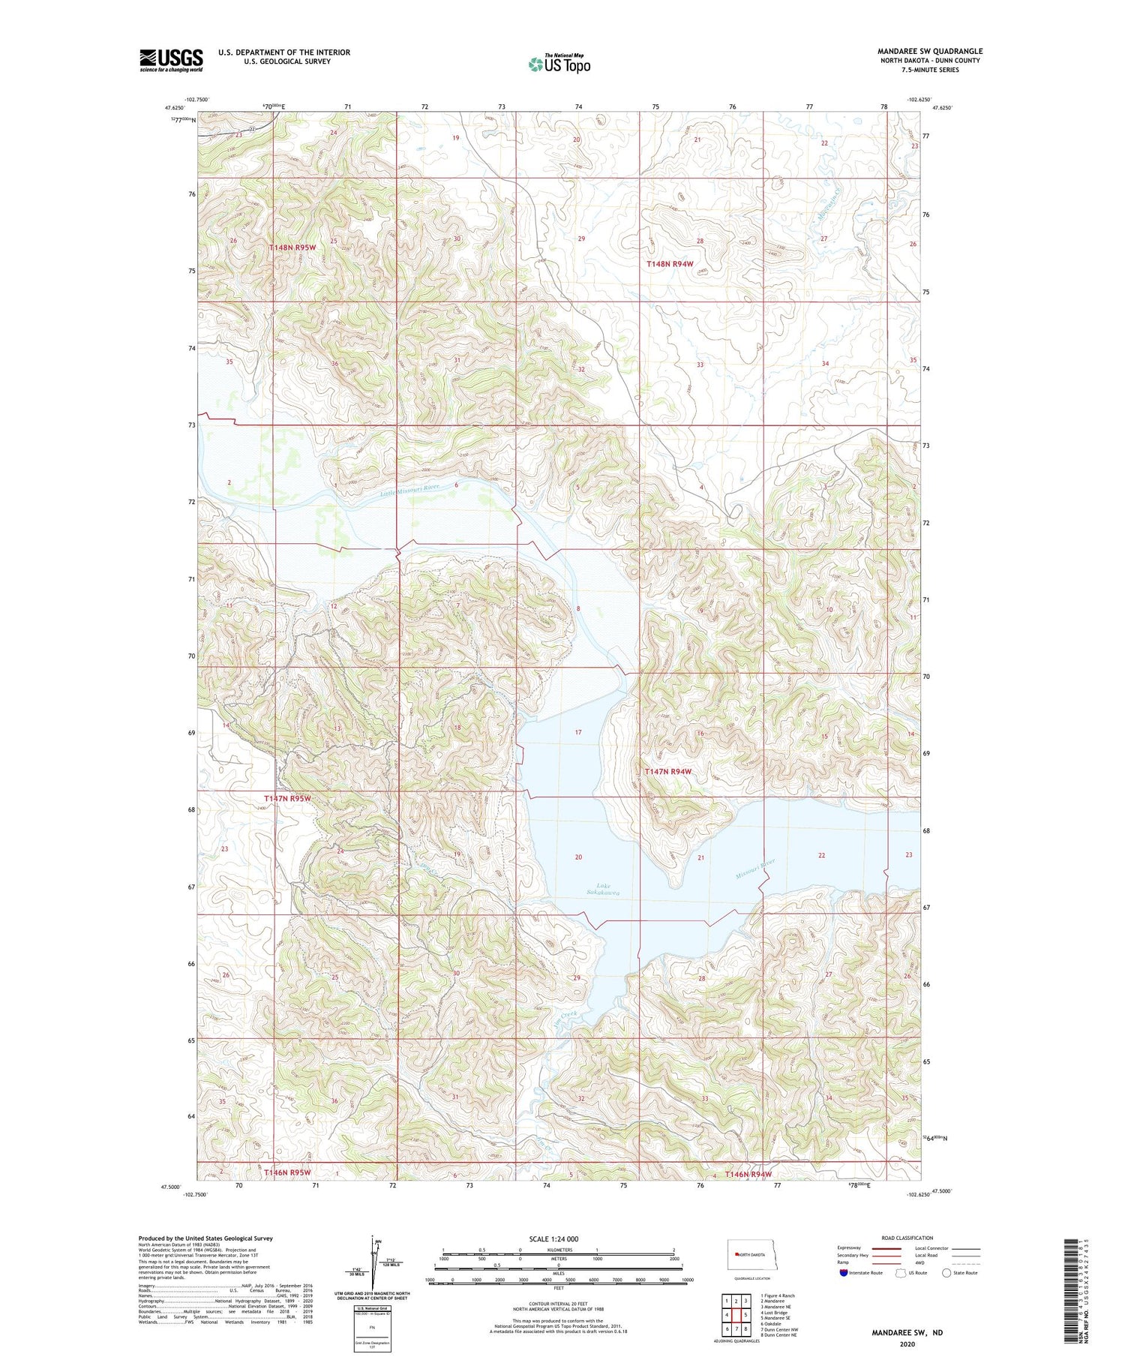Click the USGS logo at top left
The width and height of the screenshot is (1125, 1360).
pos(171,60)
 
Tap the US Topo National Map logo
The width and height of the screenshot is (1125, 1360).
pos(559,64)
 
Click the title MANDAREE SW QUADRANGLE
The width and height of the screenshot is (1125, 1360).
pos(930,52)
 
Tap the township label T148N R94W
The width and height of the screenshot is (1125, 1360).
pos(669,264)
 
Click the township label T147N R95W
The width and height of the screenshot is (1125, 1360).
pos(287,799)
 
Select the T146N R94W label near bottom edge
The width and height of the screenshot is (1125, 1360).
pos(748,1174)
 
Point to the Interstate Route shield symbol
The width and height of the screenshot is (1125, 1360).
pos(844,1273)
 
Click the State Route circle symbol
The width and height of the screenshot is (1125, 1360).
pos(946,1273)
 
